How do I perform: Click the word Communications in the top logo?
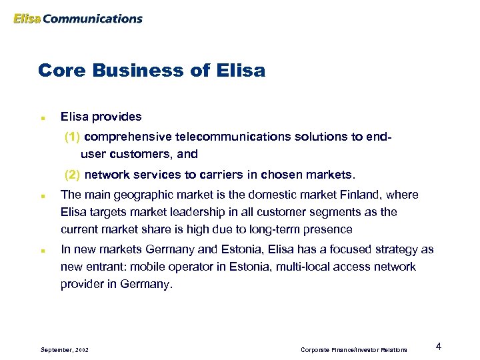click(x=93, y=19)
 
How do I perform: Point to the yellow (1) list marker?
click(x=73, y=137)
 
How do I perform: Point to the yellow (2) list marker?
click(x=73, y=175)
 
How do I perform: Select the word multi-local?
click(x=286, y=267)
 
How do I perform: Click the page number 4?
click(x=438, y=346)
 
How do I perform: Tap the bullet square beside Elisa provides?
click(x=42, y=117)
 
